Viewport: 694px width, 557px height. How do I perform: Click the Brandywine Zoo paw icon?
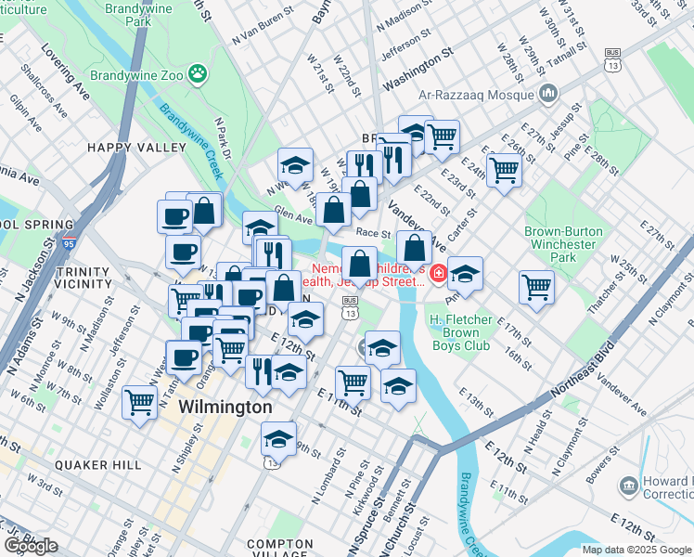197,72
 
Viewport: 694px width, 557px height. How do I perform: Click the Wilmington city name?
225,408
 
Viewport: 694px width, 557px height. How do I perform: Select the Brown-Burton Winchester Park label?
563,244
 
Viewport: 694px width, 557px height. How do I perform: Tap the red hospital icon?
436,273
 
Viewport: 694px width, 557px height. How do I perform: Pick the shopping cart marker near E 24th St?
504,170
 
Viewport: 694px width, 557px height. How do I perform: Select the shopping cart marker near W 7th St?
139,402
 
